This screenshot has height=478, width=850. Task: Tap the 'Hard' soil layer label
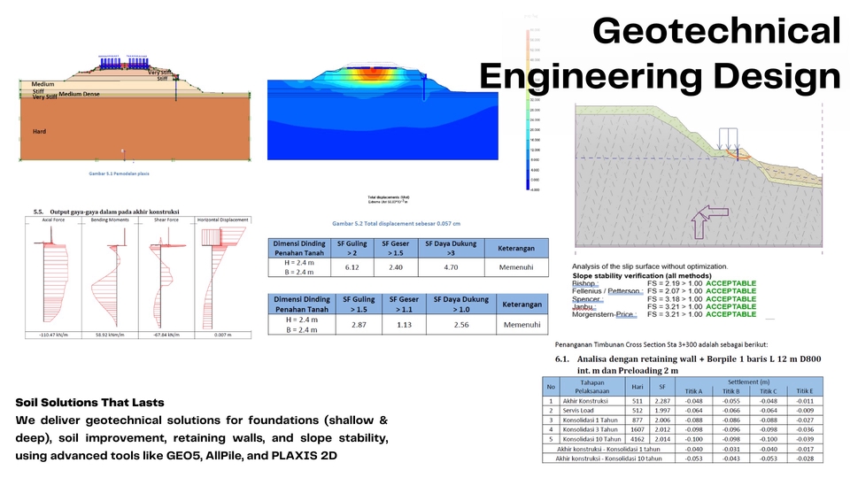41,130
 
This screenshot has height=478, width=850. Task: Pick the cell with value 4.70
451,266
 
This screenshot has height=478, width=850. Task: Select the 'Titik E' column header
804,389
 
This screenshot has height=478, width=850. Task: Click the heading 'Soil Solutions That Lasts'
89,402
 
